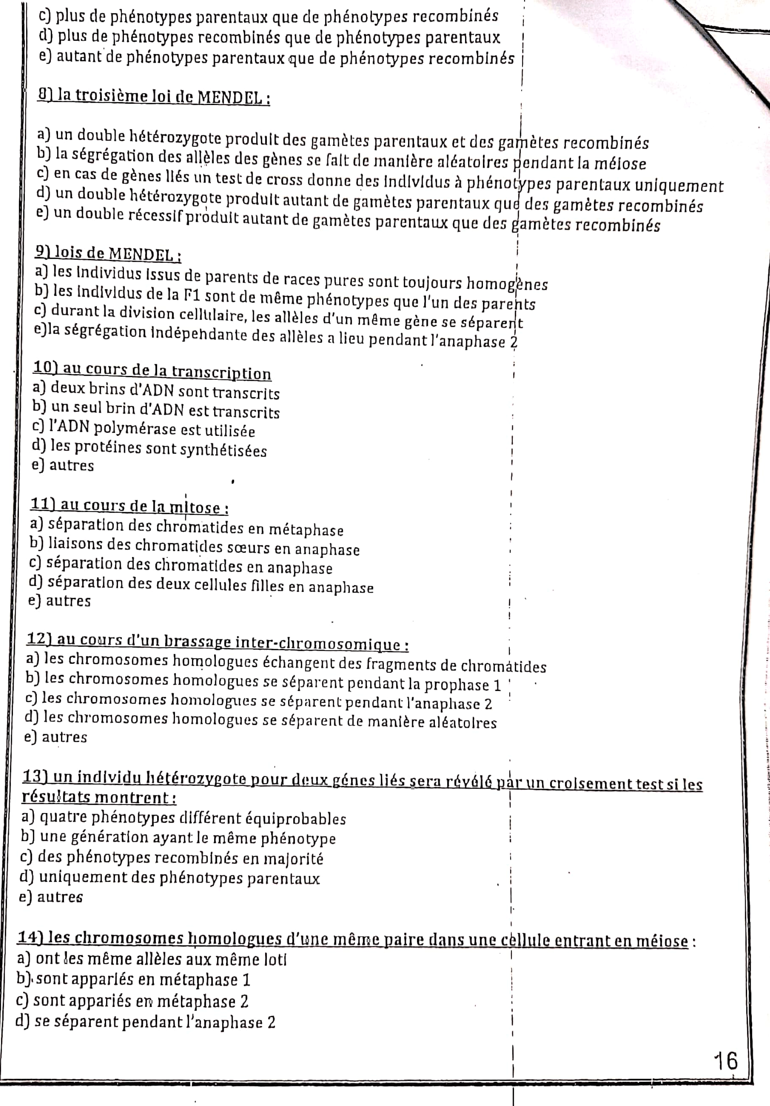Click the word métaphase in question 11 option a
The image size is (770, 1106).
[306, 530]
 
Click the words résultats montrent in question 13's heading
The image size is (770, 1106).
[99, 797]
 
